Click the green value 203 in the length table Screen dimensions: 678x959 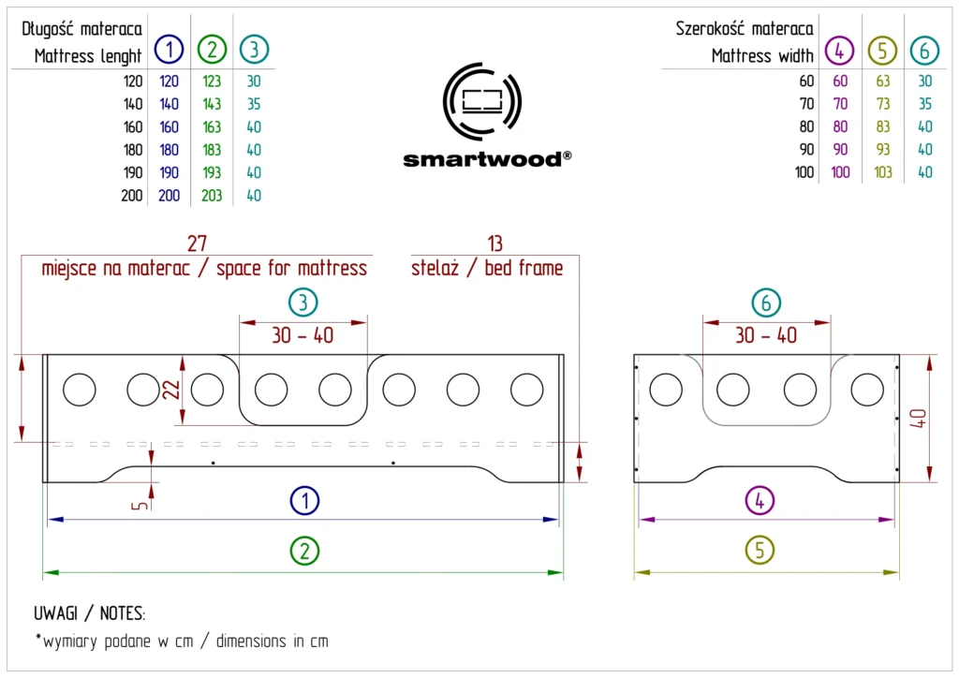click(212, 196)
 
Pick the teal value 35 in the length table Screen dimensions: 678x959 click(254, 104)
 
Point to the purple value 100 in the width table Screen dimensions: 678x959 click(840, 172)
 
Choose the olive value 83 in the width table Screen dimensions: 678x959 click(882, 126)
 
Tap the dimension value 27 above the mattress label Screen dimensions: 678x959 click(197, 243)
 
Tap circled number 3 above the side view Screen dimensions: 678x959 click(302, 302)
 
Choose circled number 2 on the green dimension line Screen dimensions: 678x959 click(303, 552)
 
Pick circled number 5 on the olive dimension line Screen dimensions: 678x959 click(760, 552)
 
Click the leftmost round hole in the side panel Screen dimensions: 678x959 click(79, 389)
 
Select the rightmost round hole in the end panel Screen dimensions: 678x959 click(866, 389)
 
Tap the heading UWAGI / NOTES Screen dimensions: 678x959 click(90, 614)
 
